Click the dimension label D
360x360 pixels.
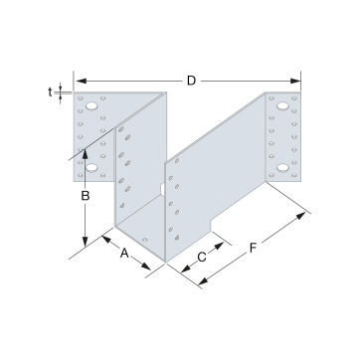(x=191, y=81)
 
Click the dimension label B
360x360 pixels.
(x=86, y=196)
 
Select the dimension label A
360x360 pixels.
(x=124, y=254)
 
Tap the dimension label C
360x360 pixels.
(x=202, y=257)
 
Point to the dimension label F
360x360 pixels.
(x=253, y=248)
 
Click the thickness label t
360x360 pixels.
(x=50, y=92)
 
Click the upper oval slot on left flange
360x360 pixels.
(x=91, y=106)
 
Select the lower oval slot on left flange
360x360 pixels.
(x=91, y=168)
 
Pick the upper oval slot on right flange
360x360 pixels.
(x=282, y=106)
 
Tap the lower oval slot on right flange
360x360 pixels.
(x=282, y=168)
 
